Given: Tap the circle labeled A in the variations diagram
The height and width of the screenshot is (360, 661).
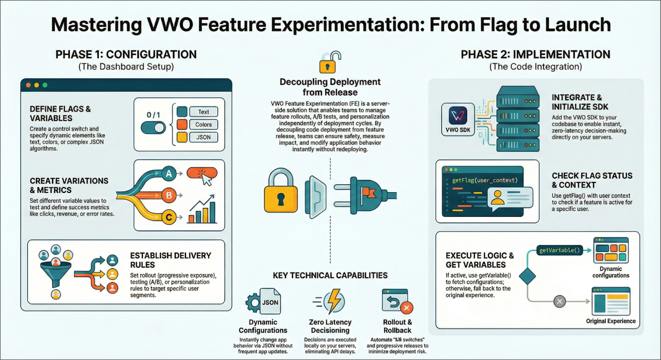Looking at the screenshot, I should point(169,174).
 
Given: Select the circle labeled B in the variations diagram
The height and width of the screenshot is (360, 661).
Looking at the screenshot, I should point(169,195).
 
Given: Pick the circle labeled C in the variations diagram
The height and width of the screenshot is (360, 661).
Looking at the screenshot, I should point(169,217).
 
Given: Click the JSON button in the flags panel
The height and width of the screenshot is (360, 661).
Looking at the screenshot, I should point(203,137).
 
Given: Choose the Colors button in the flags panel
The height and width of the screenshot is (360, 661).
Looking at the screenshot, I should point(203,124).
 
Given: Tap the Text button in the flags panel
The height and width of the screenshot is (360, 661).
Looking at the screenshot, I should point(203,112).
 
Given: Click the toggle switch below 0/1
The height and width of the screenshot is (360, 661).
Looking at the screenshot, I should point(153,128).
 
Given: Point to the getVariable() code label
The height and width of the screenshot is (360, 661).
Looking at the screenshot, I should point(559,250).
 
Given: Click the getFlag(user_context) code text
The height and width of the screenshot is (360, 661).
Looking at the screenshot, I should point(484,180).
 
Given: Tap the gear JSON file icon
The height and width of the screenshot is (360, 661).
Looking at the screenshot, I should point(264,302).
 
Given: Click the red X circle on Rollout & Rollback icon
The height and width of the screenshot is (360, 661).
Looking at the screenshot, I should point(406,308).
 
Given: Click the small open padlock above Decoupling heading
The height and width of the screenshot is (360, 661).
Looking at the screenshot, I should point(329,62).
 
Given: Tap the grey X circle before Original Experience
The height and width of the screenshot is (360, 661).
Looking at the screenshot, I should point(559,301).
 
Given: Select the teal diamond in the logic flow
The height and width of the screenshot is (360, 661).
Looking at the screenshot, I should point(527,276).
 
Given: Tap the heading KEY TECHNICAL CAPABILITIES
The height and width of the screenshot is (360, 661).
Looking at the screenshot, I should point(330,275).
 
